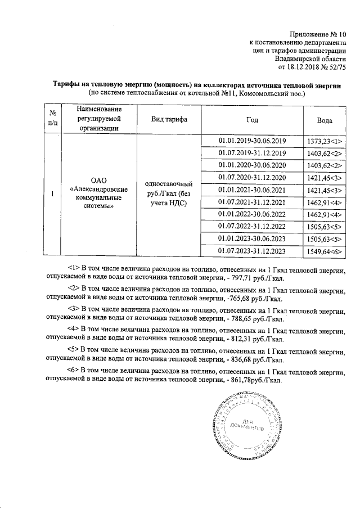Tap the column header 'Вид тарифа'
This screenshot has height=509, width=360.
[x=169, y=120]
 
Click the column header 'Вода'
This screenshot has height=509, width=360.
[x=325, y=120]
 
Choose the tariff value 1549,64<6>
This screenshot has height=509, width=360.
[x=325, y=251]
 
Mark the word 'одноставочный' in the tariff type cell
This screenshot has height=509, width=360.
[x=169, y=184]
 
